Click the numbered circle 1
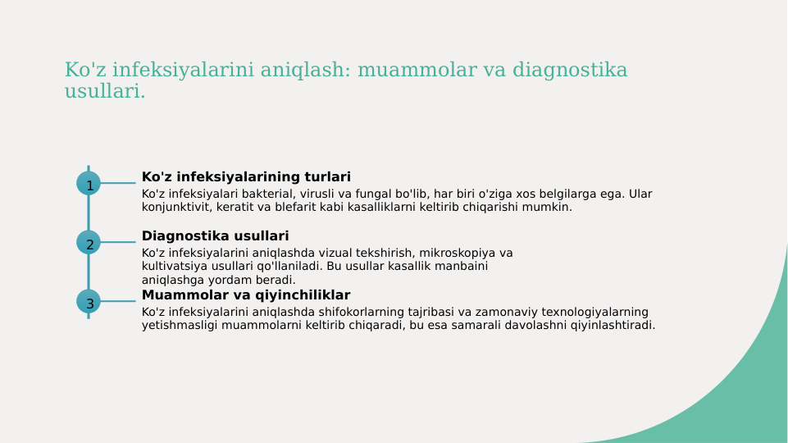pos(89,184)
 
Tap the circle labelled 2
pos(89,243)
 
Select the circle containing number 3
pos(89,302)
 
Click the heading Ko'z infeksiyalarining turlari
pos(246,177)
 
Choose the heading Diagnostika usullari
pos(215,236)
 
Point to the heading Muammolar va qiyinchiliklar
pos(246,295)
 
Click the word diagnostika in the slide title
pos(570,71)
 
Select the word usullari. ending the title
pos(104,92)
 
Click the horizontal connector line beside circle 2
pos(118,243)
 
